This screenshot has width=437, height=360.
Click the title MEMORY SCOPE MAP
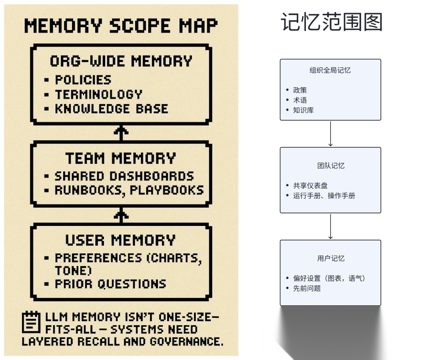point(121,26)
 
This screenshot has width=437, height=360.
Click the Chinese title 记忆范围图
point(331,22)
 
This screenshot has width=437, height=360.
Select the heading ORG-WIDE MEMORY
point(121,61)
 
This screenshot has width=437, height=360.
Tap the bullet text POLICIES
point(83,80)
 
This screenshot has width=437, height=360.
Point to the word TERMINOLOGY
point(99,94)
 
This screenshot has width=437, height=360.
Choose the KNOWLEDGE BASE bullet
point(111,109)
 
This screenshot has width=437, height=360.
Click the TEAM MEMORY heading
point(121,158)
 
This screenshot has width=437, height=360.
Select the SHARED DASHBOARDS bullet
point(124,176)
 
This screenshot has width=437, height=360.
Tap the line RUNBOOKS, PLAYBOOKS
point(129,190)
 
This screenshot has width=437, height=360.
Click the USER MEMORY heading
point(121,240)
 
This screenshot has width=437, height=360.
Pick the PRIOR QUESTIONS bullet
point(110,283)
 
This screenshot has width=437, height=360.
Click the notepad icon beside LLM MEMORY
point(31,322)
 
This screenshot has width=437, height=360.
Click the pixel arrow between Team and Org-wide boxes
point(121,132)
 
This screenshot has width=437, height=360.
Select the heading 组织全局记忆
point(330,70)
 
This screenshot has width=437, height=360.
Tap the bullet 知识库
point(303,110)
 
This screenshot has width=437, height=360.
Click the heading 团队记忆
point(331,166)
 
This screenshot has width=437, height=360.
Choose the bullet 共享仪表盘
point(310,185)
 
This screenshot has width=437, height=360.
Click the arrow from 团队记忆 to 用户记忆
point(331,227)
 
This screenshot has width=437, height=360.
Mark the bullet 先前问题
point(307,288)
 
